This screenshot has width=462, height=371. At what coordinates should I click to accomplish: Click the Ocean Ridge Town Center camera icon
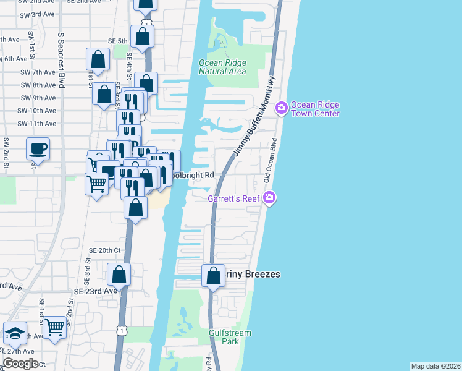282,108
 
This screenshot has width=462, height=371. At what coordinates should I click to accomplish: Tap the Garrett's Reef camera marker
269,198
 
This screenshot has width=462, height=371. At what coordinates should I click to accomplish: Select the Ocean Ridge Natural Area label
222,67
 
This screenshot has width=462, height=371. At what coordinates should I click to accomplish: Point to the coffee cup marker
38,149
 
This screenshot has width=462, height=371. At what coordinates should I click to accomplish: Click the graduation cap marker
15,334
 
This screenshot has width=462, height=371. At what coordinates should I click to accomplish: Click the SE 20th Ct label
104,250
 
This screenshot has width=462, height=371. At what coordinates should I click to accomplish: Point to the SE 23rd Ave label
95,291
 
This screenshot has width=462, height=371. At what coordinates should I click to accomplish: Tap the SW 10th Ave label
38,111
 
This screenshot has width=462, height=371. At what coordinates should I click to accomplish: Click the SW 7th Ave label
38,72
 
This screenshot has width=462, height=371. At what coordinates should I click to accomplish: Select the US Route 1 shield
122,331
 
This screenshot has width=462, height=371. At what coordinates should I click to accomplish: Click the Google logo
20,364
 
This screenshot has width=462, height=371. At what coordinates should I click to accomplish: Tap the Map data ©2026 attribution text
435,366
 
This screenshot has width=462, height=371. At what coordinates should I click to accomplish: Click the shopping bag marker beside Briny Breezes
214,276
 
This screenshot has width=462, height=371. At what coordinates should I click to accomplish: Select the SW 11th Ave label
38,124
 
